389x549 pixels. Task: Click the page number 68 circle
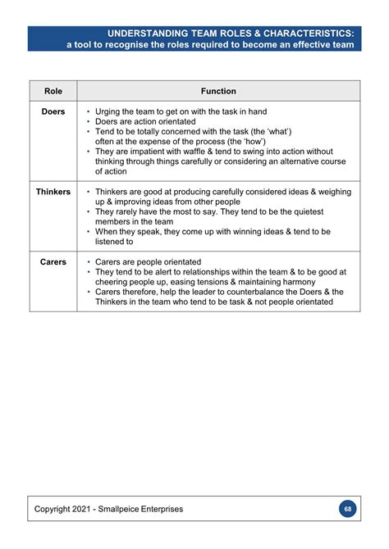[348, 509]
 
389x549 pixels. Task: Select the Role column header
[53, 91]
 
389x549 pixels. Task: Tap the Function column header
[218, 91]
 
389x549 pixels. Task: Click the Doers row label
[53, 111]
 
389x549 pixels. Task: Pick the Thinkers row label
[53, 192]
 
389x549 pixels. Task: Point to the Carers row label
[53, 262]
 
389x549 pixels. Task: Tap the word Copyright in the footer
[53, 509]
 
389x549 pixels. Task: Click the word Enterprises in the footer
[167, 509]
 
